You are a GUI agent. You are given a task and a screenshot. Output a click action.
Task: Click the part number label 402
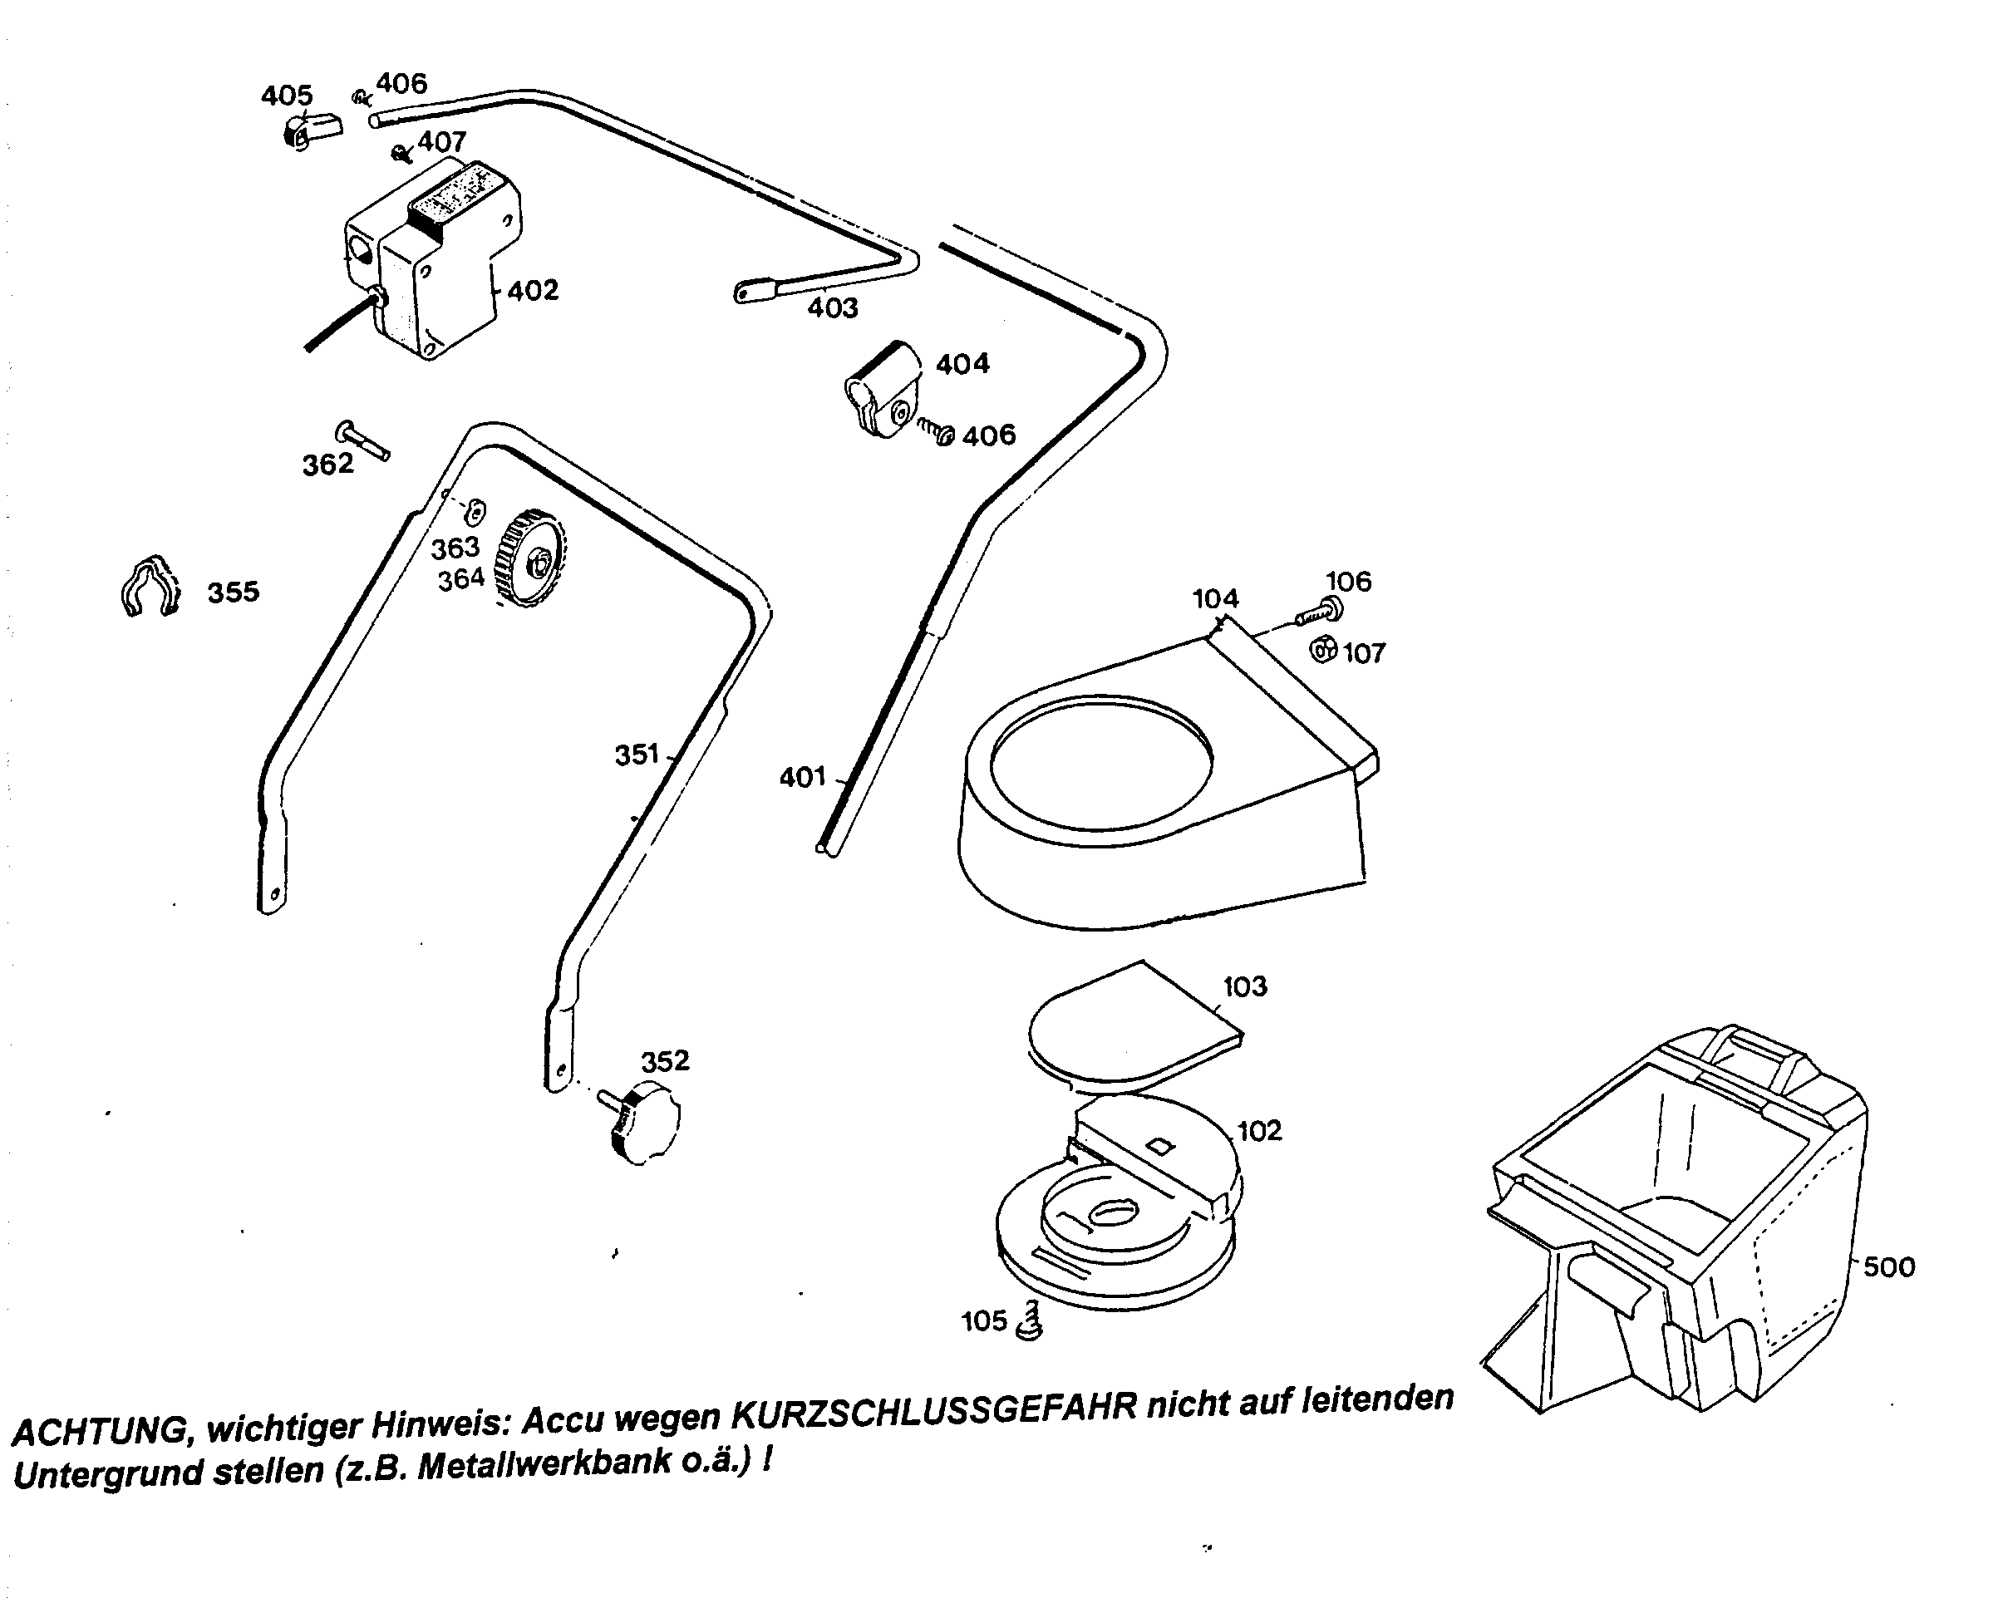533,291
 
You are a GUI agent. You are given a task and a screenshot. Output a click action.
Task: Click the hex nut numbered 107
1324,650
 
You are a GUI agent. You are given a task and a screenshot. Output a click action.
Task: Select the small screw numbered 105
1030,1320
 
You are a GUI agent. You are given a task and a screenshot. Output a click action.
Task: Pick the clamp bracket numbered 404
883,390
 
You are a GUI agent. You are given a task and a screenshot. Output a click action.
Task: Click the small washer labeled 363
475,509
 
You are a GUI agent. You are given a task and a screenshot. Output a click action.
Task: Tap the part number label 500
1887,1266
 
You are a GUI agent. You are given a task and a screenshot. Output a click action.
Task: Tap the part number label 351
637,755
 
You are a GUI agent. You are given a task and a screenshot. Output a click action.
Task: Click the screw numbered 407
402,152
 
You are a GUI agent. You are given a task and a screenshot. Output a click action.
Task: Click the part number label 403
832,307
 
